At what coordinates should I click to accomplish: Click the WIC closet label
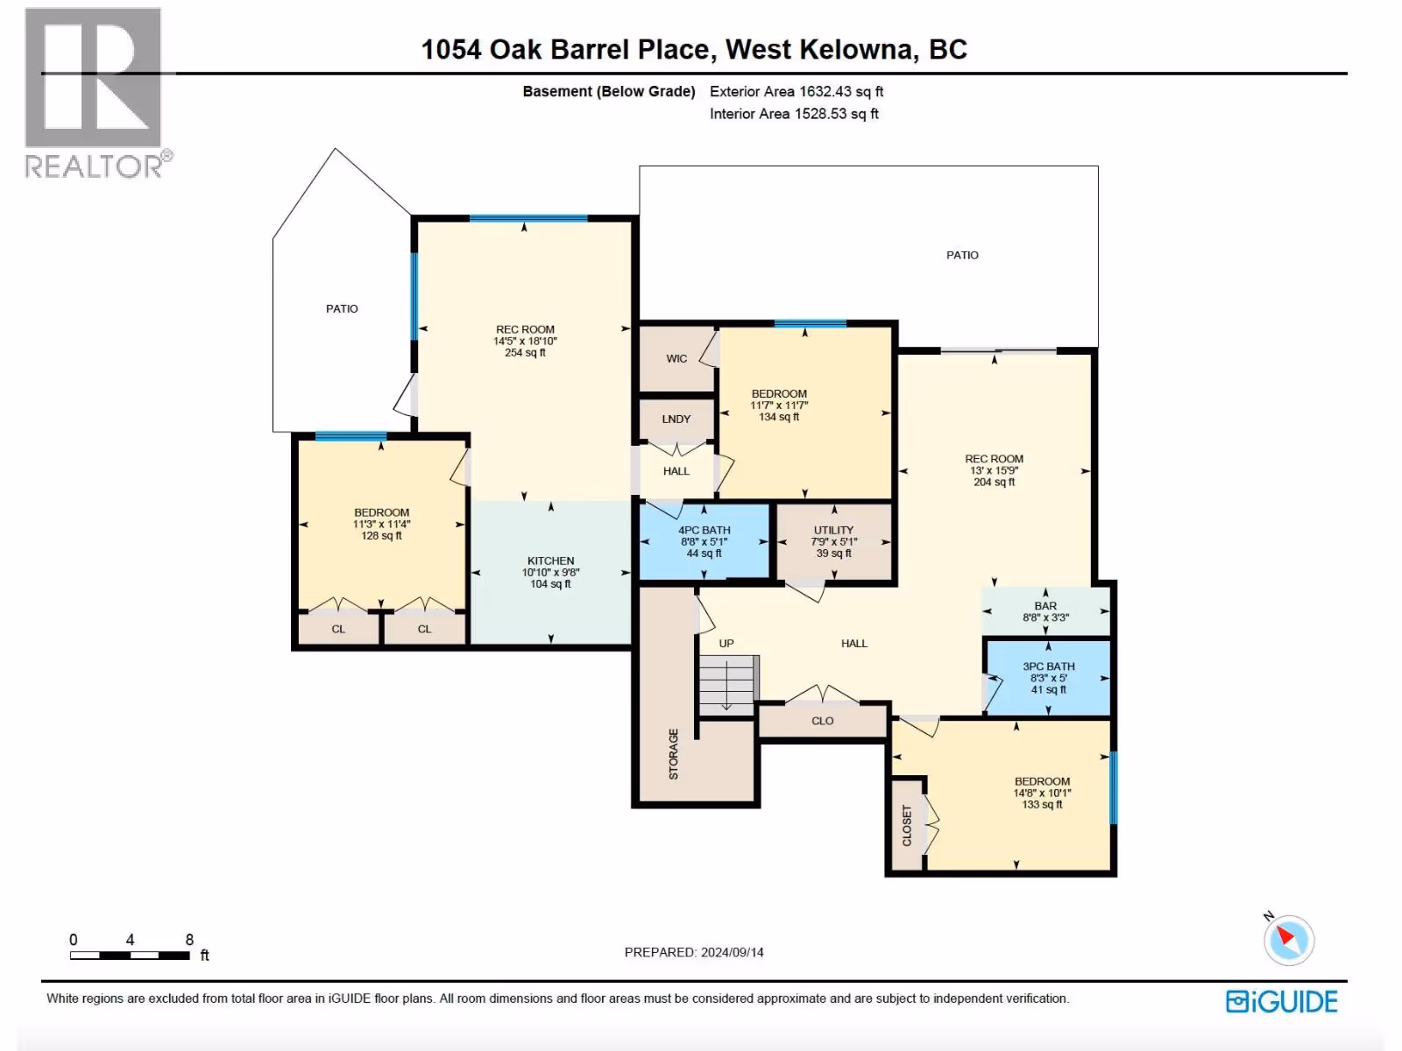pos(676,358)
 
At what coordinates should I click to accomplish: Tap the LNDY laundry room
pos(676,420)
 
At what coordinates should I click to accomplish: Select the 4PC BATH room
pos(705,542)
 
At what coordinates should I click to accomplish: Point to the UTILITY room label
pos(833,530)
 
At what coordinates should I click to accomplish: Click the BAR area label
pos(1045,605)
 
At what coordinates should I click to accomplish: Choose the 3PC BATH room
pos(1049,678)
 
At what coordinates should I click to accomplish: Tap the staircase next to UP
pos(729,686)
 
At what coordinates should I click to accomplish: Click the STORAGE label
pos(673,753)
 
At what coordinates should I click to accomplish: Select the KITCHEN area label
pos(550,561)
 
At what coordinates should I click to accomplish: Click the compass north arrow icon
pos(1288,939)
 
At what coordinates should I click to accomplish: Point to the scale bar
pos(130,956)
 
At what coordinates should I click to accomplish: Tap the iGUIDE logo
pos(1281,1001)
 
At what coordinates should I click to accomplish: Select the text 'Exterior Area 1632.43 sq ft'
pos(797,91)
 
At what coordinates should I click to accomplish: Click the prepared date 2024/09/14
pos(732,952)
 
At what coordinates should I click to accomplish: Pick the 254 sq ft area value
pos(525,352)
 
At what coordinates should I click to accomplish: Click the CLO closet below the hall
pos(823,721)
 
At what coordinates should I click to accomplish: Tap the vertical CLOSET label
pos(906,825)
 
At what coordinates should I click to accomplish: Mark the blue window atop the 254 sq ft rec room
pos(528,218)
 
